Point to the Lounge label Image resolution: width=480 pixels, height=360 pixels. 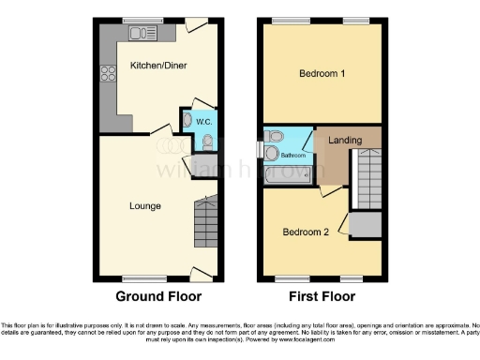[145, 205]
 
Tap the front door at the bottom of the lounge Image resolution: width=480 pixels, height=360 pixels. [198, 273]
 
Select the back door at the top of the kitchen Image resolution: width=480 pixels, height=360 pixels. [196, 25]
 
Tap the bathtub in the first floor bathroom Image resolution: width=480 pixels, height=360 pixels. [282, 174]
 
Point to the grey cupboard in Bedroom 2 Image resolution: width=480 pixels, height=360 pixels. [367, 224]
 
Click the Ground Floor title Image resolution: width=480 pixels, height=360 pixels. [158, 296]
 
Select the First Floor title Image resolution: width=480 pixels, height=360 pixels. [322, 296]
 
